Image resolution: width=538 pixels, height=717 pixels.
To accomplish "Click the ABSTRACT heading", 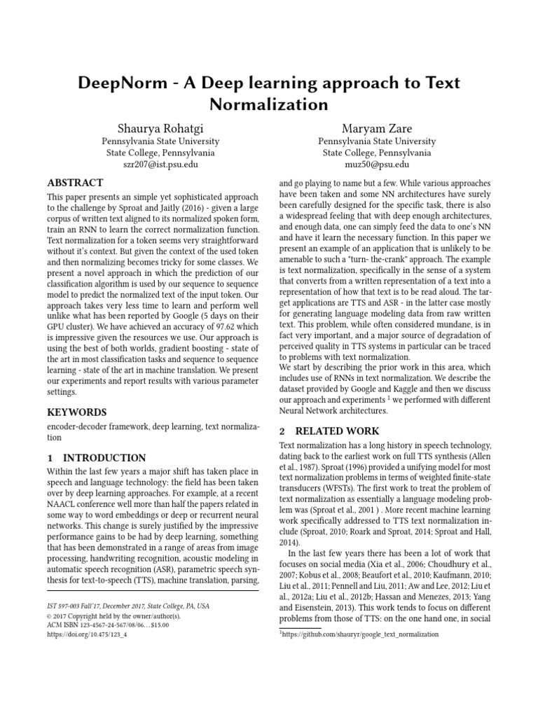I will click(75, 183).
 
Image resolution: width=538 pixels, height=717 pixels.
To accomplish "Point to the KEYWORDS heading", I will click(76, 412).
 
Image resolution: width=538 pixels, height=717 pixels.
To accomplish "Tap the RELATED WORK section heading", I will click(329, 431).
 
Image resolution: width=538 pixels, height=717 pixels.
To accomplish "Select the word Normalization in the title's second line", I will click(269, 105).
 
